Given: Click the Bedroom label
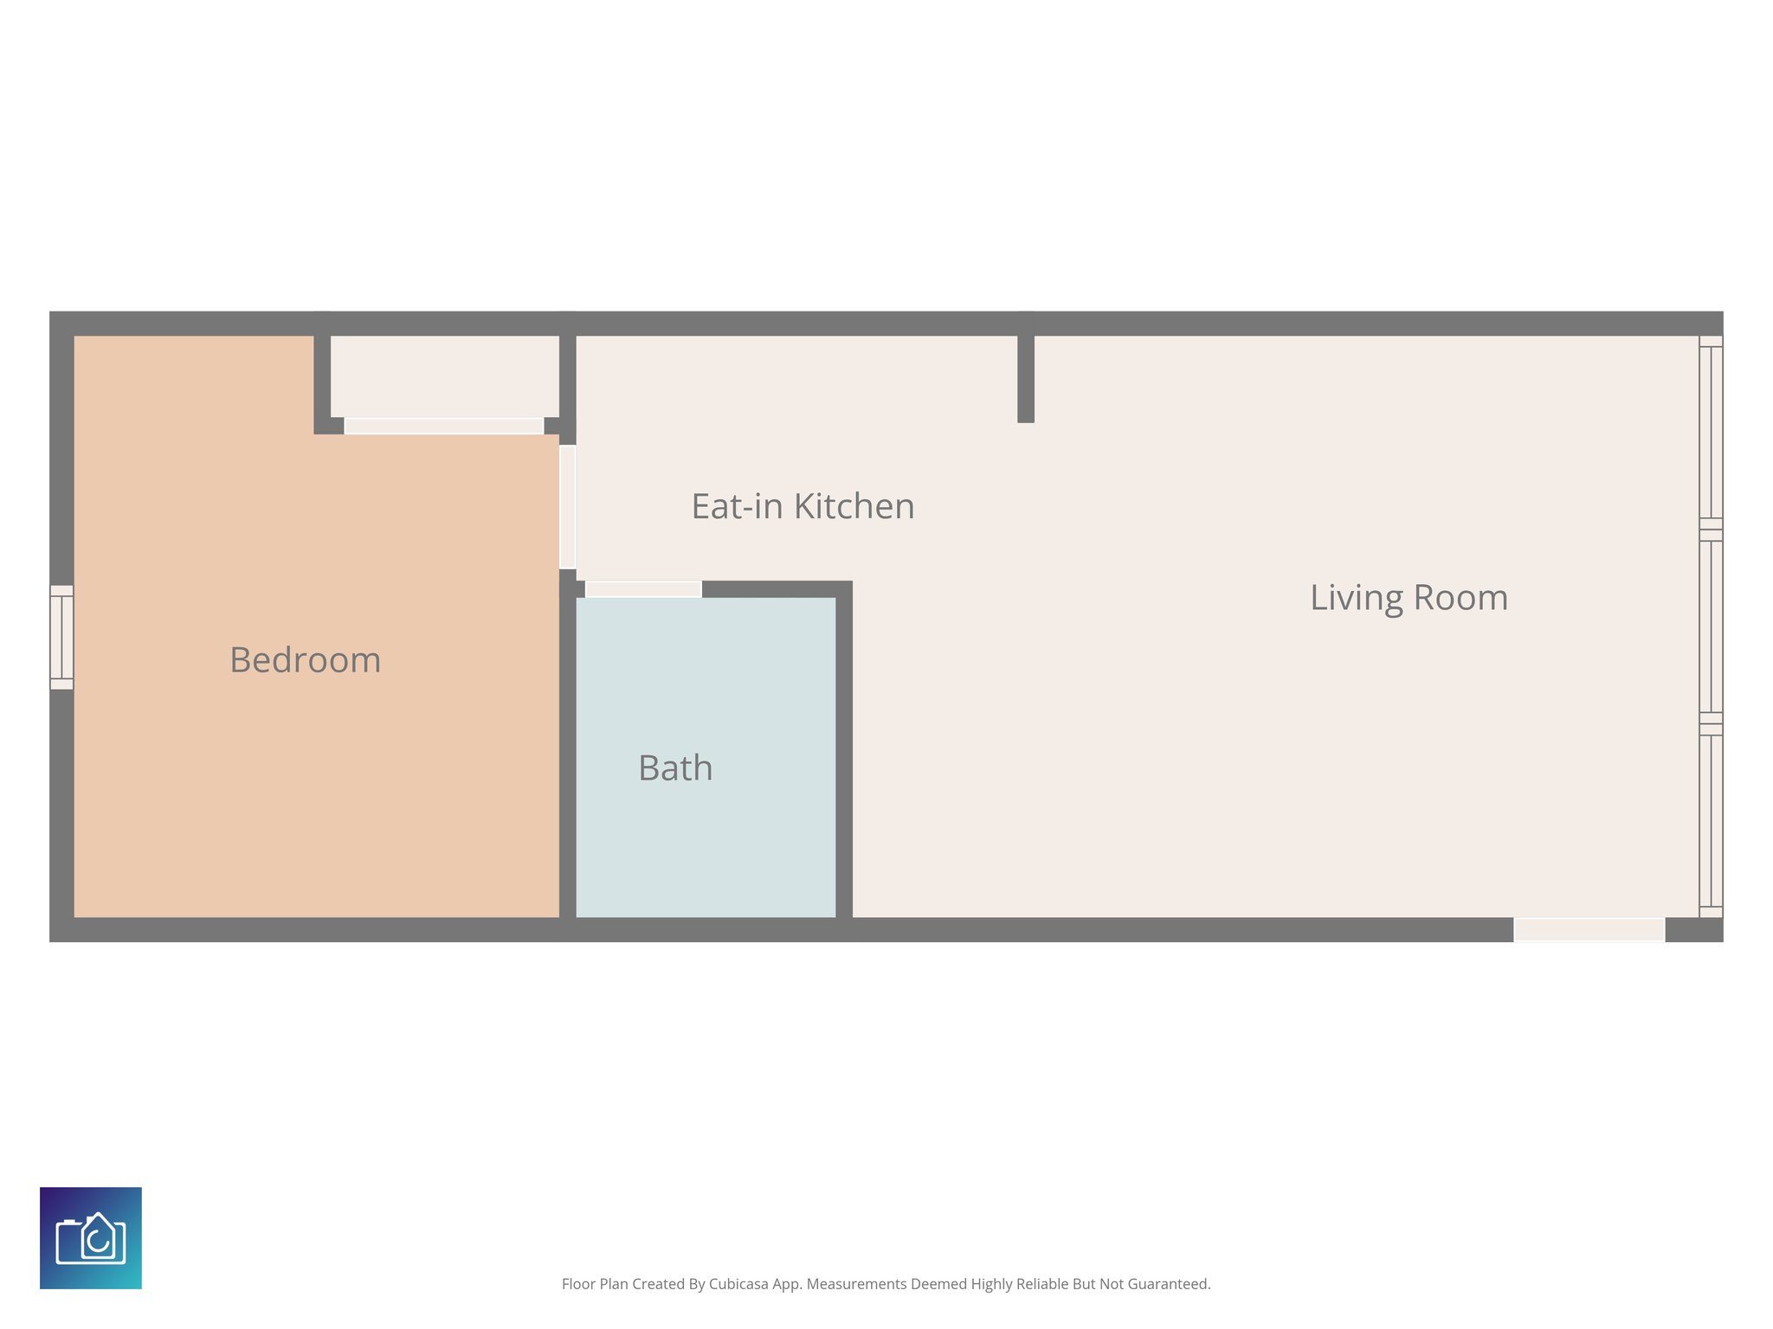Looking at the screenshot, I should click(x=305, y=660).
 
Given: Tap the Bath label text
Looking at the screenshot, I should click(x=675, y=768).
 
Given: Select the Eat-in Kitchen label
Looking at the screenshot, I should click(x=803, y=506).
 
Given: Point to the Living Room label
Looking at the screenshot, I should click(x=1409, y=598).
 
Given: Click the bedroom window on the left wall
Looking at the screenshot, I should click(x=61, y=638).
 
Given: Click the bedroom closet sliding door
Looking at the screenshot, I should click(x=443, y=426).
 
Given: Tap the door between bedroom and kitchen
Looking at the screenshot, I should click(x=568, y=507).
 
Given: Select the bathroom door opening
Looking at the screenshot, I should click(x=643, y=589).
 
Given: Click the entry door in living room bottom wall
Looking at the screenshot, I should click(x=1589, y=929).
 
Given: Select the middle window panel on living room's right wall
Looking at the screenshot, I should click(x=1711, y=626).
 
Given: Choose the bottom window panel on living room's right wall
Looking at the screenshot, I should click(x=1711, y=820).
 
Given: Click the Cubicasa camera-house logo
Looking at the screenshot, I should click(x=91, y=1238).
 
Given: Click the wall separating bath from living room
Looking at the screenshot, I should click(x=844, y=753).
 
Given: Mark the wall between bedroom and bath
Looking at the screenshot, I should click(x=568, y=753).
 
